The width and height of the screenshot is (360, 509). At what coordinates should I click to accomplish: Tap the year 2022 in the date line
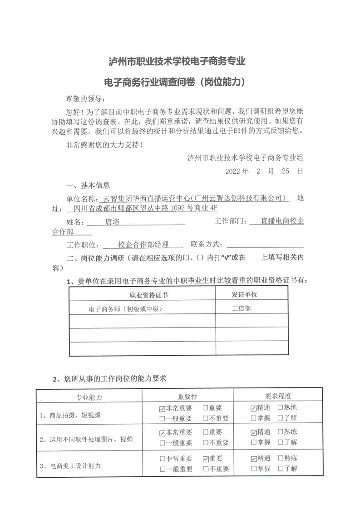click(x=234, y=172)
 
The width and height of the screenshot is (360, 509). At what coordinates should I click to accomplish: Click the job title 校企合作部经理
click(x=143, y=245)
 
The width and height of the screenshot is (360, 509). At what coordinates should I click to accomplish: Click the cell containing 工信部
click(x=241, y=308)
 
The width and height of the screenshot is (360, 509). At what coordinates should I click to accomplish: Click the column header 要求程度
click(x=278, y=396)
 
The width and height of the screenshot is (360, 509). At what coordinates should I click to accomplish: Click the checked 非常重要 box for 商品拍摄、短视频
click(x=162, y=408)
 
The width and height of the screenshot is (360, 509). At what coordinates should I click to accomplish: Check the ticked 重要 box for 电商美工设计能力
click(x=206, y=459)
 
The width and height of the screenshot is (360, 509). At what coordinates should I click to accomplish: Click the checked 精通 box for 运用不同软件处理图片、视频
click(x=253, y=433)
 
